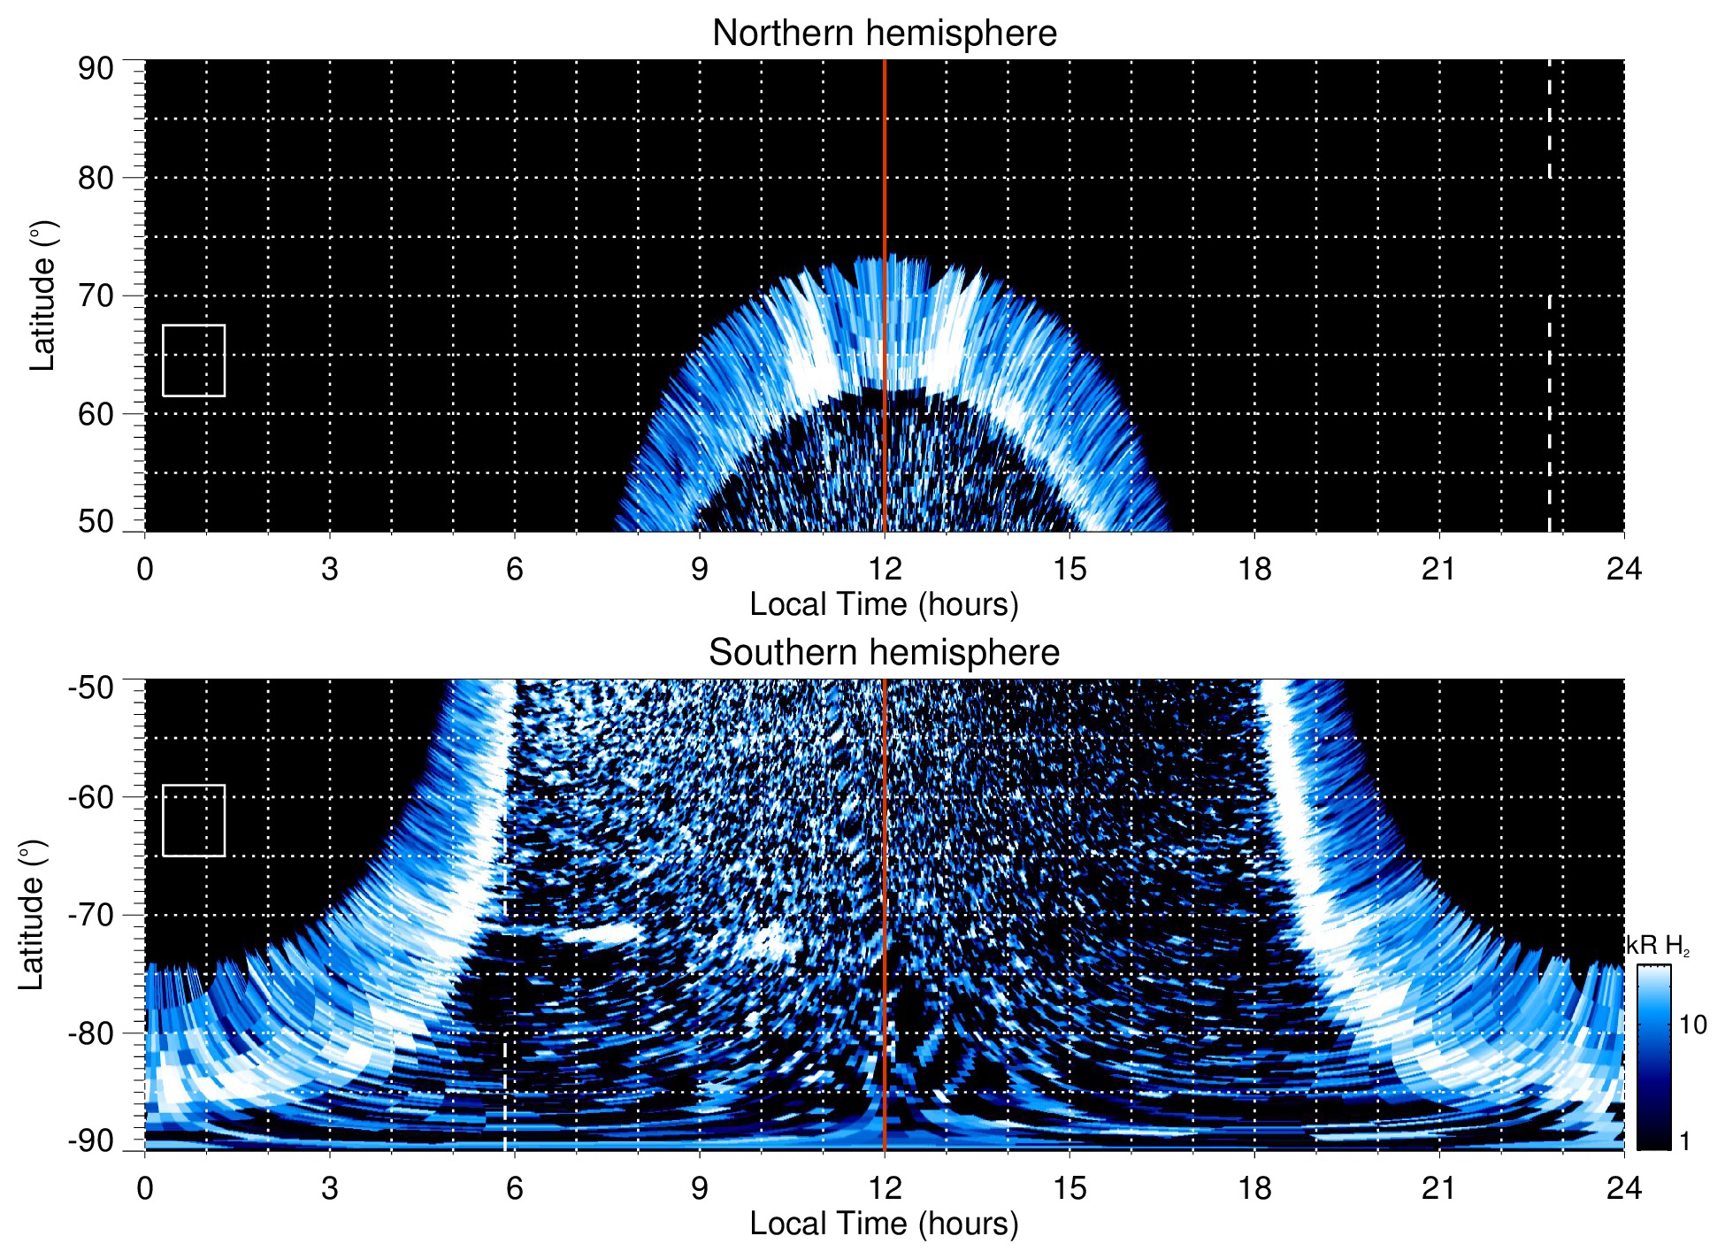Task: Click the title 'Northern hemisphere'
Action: tap(884, 34)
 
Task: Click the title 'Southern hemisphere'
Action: tap(884, 653)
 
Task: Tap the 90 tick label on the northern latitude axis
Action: tap(96, 69)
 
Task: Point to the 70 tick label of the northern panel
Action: tap(96, 296)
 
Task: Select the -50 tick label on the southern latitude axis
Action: tap(90, 687)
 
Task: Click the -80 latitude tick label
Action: tap(90, 1033)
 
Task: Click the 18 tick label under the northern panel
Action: tap(1254, 569)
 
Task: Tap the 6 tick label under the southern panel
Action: tap(514, 1187)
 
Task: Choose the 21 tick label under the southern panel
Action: tap(1438, 1187)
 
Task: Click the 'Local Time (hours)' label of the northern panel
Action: tap(884, 604)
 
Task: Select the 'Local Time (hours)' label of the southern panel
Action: tap(884, 1224)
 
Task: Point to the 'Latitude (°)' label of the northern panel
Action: tap(42, 296)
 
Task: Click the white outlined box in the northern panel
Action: tap(194, 360)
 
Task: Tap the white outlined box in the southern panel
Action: tap(194, 820)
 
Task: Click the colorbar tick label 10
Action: tap(1692, 1025)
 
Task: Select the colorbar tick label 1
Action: tap(1684, 1141)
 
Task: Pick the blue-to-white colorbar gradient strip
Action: tap(1653, 1057)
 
